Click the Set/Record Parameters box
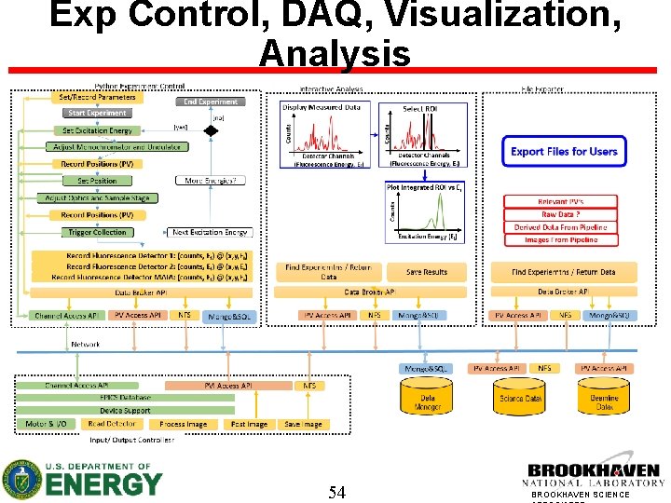point(97,97)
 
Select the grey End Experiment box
point(210,102)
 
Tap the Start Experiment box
point(97,114)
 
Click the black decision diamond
point(211,131)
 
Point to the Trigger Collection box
point(97,232)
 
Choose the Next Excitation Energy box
point(210,232)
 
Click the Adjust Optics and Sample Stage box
point(97,198)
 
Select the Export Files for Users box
point(564,151)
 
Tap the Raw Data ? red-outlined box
point(561,214)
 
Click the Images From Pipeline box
point(561,239)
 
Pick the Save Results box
point(426,272)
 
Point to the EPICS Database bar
point(125,397)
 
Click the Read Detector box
point(112,424)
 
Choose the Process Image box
point(183,424)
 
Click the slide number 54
point(336,492)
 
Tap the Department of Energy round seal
point(21,479)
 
